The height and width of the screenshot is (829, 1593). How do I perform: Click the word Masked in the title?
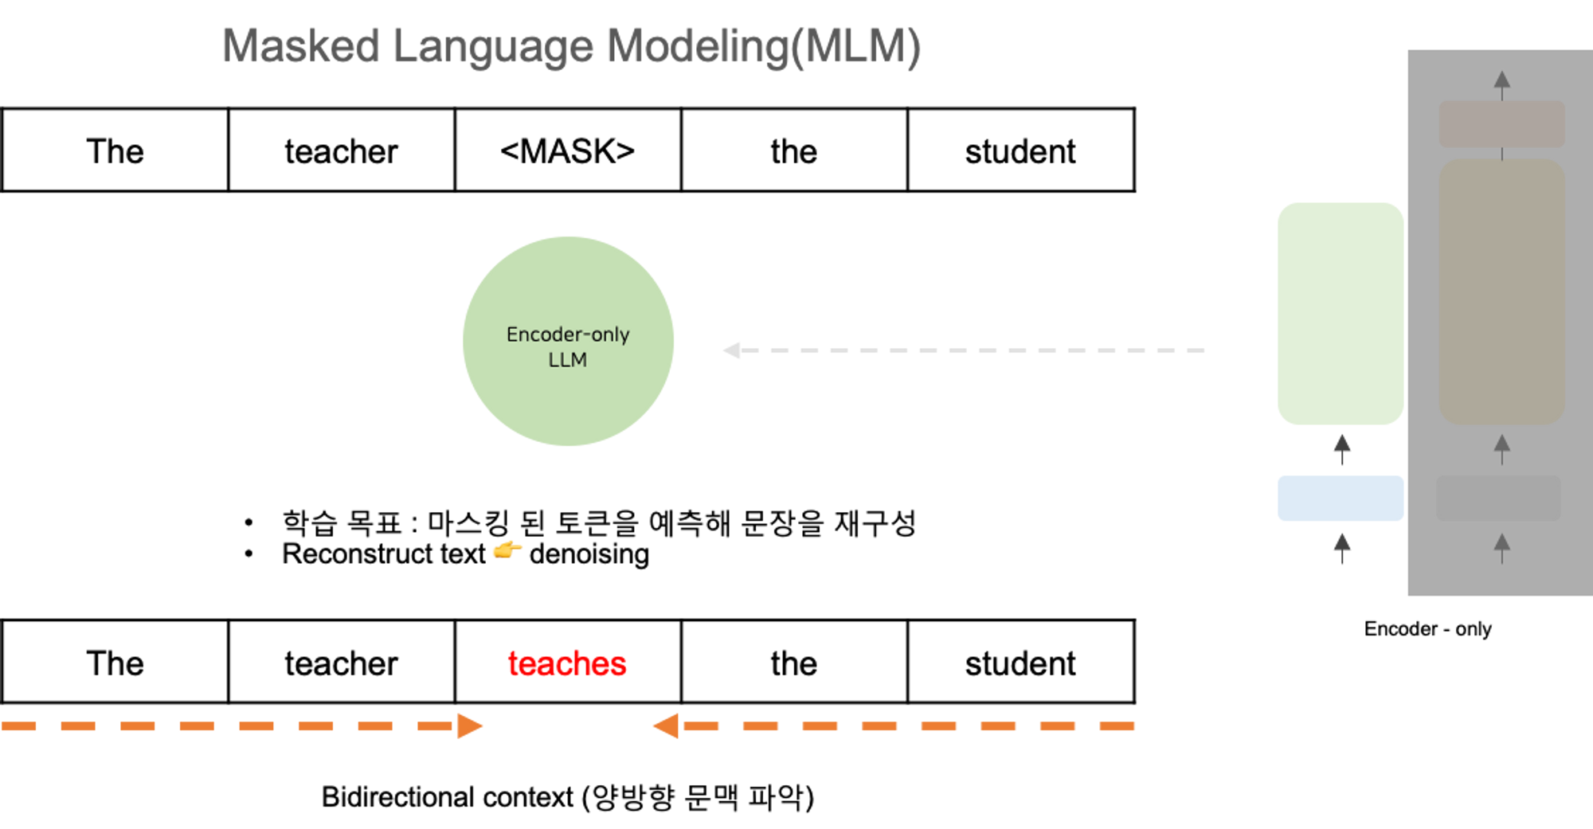(x=300, y=46)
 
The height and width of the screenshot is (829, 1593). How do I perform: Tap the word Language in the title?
(x=493, y=46)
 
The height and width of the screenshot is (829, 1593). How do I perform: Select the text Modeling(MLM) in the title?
(x=763, y=46)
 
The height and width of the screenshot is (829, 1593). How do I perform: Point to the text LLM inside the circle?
(x=567, y=360)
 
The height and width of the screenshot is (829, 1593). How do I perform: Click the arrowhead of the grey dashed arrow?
(x=730, y=350)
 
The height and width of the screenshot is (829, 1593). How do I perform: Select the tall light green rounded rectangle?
(x=1341, y=313)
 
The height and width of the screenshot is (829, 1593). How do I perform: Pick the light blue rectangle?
(x=1341, y=499)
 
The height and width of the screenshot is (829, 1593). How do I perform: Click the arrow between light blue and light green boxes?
(x=1342, y=449)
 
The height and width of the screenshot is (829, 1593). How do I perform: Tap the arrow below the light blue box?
(x=1342, y=548)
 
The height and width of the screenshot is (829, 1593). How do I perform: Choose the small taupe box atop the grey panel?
(x=1501, y=123)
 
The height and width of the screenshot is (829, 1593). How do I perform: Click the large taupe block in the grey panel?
(x=1501, y=291)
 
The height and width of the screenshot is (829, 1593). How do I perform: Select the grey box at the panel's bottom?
(x=1497, y=499)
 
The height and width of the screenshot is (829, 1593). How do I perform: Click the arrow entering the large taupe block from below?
(x=1502, y=449)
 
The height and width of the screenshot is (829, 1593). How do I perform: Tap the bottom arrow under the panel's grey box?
(x=1502, y=548)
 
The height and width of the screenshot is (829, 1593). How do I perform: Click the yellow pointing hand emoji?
(x=507, y=549)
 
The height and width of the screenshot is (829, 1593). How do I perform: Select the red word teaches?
(x=567, y=664)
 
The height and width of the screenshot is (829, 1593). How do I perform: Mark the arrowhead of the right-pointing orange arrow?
(x=469, y=726)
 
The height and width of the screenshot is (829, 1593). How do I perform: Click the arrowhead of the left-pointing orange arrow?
(x=666, y=726)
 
